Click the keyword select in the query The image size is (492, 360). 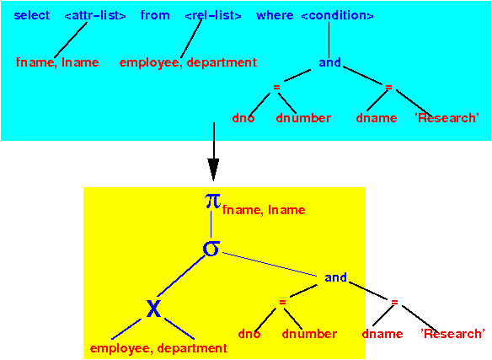(x=32, y=15)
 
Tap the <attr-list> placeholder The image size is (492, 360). (x=95, y=15)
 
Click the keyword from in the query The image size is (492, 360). (x=155, y=15)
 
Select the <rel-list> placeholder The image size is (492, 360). (x=213, y=15)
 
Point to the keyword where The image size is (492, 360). (x=275, y=15)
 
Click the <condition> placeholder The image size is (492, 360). (x=337, y=15)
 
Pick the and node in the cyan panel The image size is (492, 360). (x=329, y=62)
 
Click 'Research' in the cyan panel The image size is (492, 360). (x=447, y=118)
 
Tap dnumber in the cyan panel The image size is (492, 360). (x=303, y=118)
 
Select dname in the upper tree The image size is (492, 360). (x=377, y=118)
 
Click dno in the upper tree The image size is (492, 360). (x=243, y=118)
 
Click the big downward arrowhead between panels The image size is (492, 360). (x=213, y=169)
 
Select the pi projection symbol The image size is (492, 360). (x=213, y=201)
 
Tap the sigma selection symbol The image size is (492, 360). (x=211, y=249)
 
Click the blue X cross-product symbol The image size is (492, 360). (x=153, y=309)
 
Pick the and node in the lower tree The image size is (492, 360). (x=335, y=277)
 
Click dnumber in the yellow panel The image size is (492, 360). (x=309, y=334)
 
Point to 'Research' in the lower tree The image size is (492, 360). (x=452, y=334)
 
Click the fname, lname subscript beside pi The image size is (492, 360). (x=264, y=210)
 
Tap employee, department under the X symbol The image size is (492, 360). (x=158, y=348)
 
